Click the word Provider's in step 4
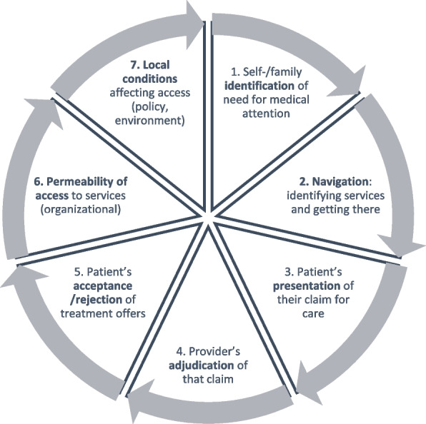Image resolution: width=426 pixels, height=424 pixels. pos(203,351)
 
